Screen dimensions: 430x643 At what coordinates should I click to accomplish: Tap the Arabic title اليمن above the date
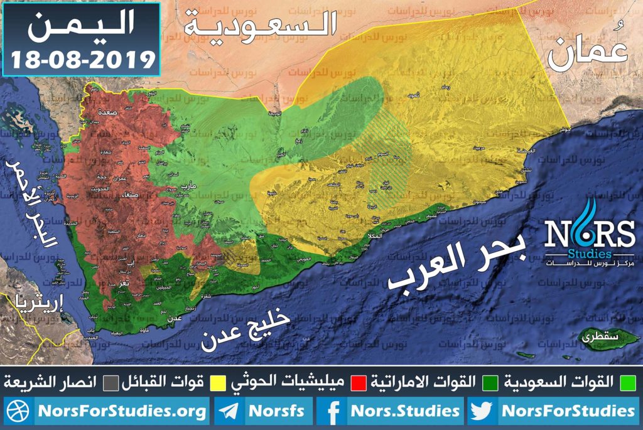(82, 26)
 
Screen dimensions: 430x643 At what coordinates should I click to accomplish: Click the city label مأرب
(188, 186)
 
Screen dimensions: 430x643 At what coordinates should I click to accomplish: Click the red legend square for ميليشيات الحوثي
(359, 382)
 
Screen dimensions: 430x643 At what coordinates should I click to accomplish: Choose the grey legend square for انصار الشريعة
(112, 382)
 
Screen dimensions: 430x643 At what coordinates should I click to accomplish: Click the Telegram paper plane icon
(229, 412)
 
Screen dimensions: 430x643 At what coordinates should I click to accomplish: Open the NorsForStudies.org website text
(122, 412)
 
